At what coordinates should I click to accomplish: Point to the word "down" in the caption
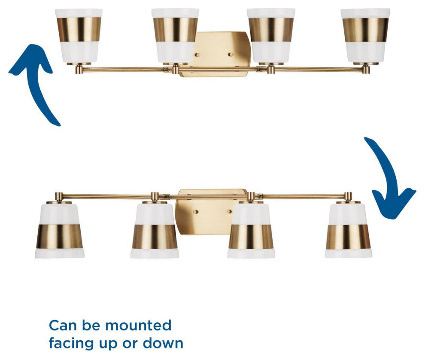[x=163, y=343]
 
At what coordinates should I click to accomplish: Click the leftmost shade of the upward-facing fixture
[x=79, y=36]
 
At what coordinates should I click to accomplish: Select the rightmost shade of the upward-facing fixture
[x=365, y=36]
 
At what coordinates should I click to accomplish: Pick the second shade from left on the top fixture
[x=175, y=36]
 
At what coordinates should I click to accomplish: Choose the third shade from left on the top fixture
[x=271, y=36]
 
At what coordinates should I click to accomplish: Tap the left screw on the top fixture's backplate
[x=197, y=55]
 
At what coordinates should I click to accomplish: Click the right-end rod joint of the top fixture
[x=366, y=69]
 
